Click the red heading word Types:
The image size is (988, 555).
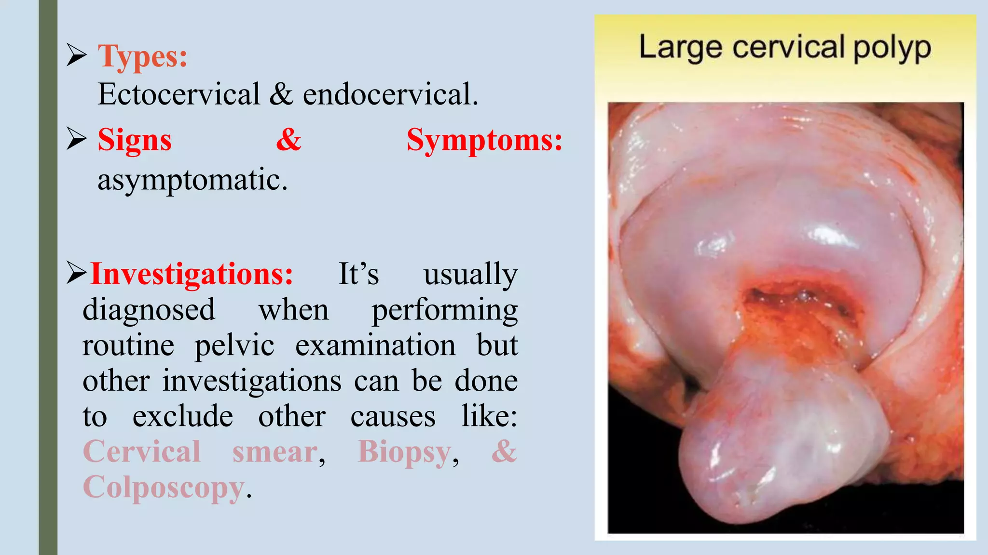[142, 57]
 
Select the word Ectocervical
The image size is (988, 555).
[178, 94]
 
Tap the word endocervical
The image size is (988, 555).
[390, 94]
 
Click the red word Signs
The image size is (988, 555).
[135, 141]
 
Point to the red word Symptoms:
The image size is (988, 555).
[484, 141]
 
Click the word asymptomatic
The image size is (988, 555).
[192, 180]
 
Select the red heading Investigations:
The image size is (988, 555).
[192, 274]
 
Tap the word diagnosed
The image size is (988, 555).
[149, 309]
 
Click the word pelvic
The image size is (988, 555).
[234, 345]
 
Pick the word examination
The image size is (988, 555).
[375, 345]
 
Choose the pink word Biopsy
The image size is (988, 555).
[404, 452]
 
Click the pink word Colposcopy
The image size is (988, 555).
[164, 488]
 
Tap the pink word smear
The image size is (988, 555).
[275, 452]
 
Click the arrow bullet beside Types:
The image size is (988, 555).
[76, 55]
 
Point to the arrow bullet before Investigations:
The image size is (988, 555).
[76, 273]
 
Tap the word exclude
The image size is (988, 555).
[183, 416]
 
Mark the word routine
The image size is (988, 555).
[128, 345]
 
